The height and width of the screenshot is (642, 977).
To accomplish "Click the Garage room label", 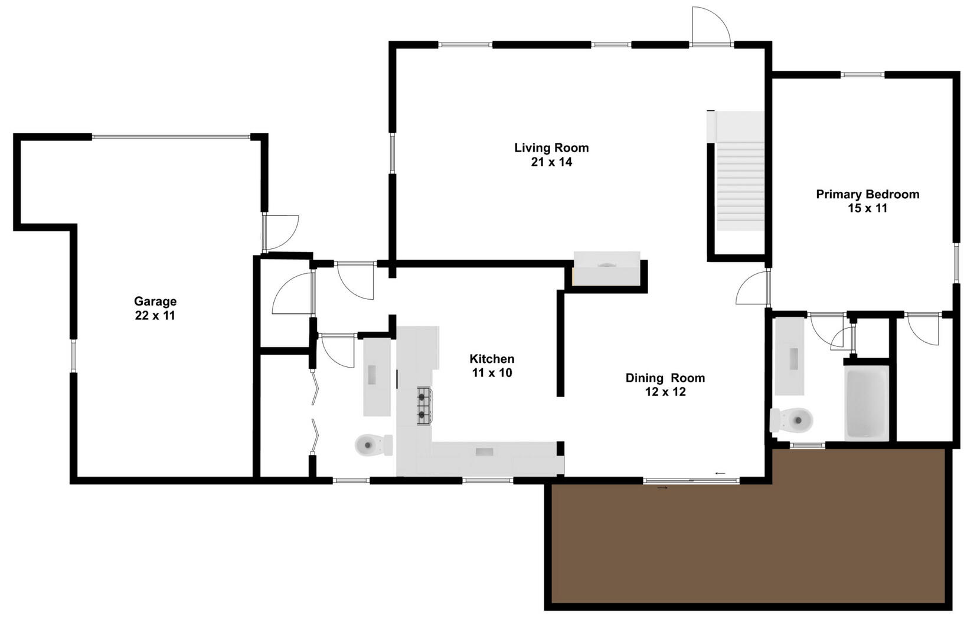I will coord(155,309).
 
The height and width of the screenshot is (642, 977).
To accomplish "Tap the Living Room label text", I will coord(551,155).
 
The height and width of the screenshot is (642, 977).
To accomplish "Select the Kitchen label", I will coord(492,365).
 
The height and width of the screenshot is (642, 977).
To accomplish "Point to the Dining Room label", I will coord(665,384).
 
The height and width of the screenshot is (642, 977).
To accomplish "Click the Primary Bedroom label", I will coord(867,201).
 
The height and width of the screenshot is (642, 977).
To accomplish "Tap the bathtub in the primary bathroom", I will coord(867,403).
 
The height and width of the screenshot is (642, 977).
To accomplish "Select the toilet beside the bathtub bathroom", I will coord(792,420).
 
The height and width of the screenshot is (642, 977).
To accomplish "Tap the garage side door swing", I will coord(280,232).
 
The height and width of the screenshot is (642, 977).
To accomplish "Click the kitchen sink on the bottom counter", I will coord(485,452).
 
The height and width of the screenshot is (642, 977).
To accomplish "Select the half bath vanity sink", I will coord(372,375).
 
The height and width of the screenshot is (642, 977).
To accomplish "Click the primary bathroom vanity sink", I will coord(793,358).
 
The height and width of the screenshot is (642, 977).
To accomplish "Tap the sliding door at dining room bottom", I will coord(691,481).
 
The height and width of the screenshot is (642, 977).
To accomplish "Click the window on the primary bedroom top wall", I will coord(862,75).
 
